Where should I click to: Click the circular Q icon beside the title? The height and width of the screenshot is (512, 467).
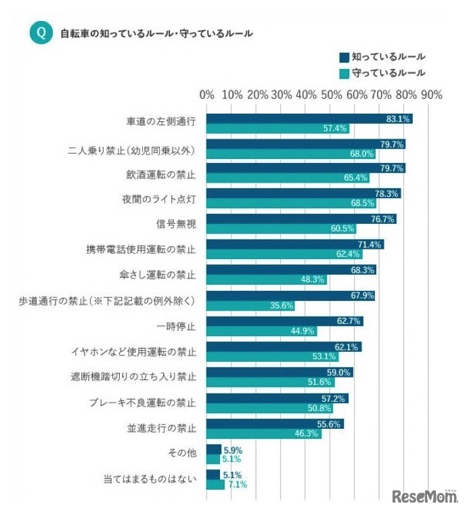[x=41, y=33]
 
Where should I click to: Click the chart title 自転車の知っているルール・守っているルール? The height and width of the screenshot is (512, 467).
[x=156, y=33]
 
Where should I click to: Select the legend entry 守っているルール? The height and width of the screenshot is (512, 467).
[x=382, y=72]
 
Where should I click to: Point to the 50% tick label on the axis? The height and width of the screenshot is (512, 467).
[x=331, y=95]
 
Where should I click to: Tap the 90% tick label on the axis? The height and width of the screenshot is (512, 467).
[x=430, y=95]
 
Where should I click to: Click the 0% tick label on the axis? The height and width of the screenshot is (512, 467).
[x=207, y=95]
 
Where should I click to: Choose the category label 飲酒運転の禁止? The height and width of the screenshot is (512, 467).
[x=161, y=174]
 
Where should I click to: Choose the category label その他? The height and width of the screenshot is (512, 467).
[x=183, y=454]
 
